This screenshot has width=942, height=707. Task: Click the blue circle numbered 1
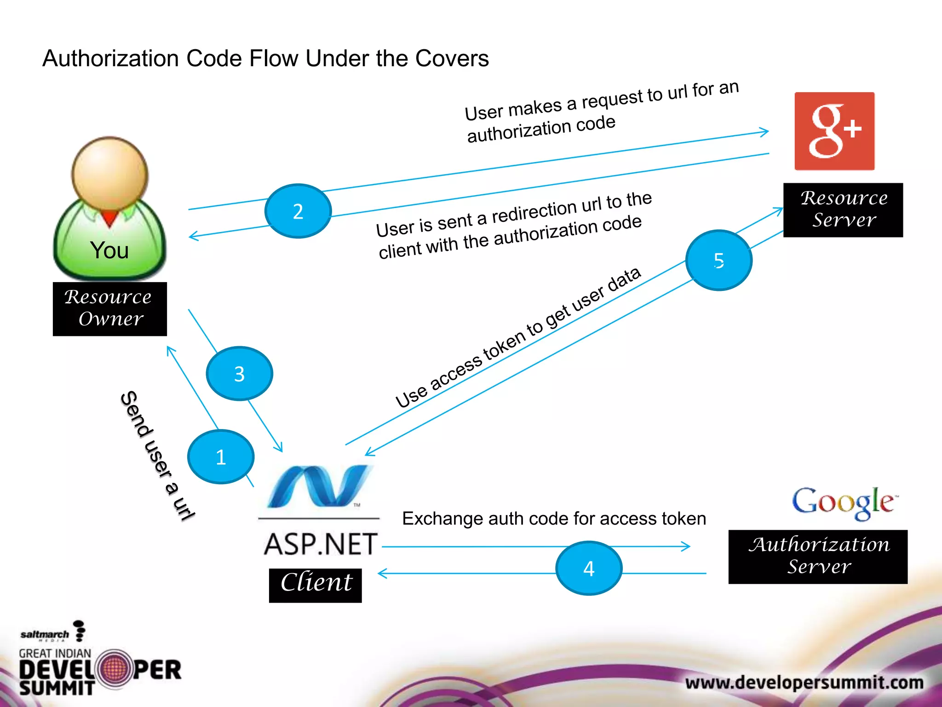[221, 457]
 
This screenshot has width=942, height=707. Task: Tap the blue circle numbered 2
[298, 211]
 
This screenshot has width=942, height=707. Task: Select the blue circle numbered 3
[239, 373]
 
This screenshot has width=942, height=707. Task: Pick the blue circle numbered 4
[589, 568]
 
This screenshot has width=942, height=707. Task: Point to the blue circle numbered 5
[718, 260]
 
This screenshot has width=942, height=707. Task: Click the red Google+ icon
[834, 131]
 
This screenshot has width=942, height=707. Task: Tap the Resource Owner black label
[109, 309]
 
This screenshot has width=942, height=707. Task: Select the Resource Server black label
[843, 210]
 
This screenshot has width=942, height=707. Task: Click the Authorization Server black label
[818, 556]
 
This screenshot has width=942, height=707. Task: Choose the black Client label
[316, 585]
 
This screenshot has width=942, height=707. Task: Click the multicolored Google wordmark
[844, 503]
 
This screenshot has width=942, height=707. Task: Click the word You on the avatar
[109, 250]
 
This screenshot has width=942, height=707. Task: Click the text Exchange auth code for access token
[554, 519]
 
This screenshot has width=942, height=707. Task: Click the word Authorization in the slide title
[110, 59]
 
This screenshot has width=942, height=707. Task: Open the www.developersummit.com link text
[804, 682]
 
